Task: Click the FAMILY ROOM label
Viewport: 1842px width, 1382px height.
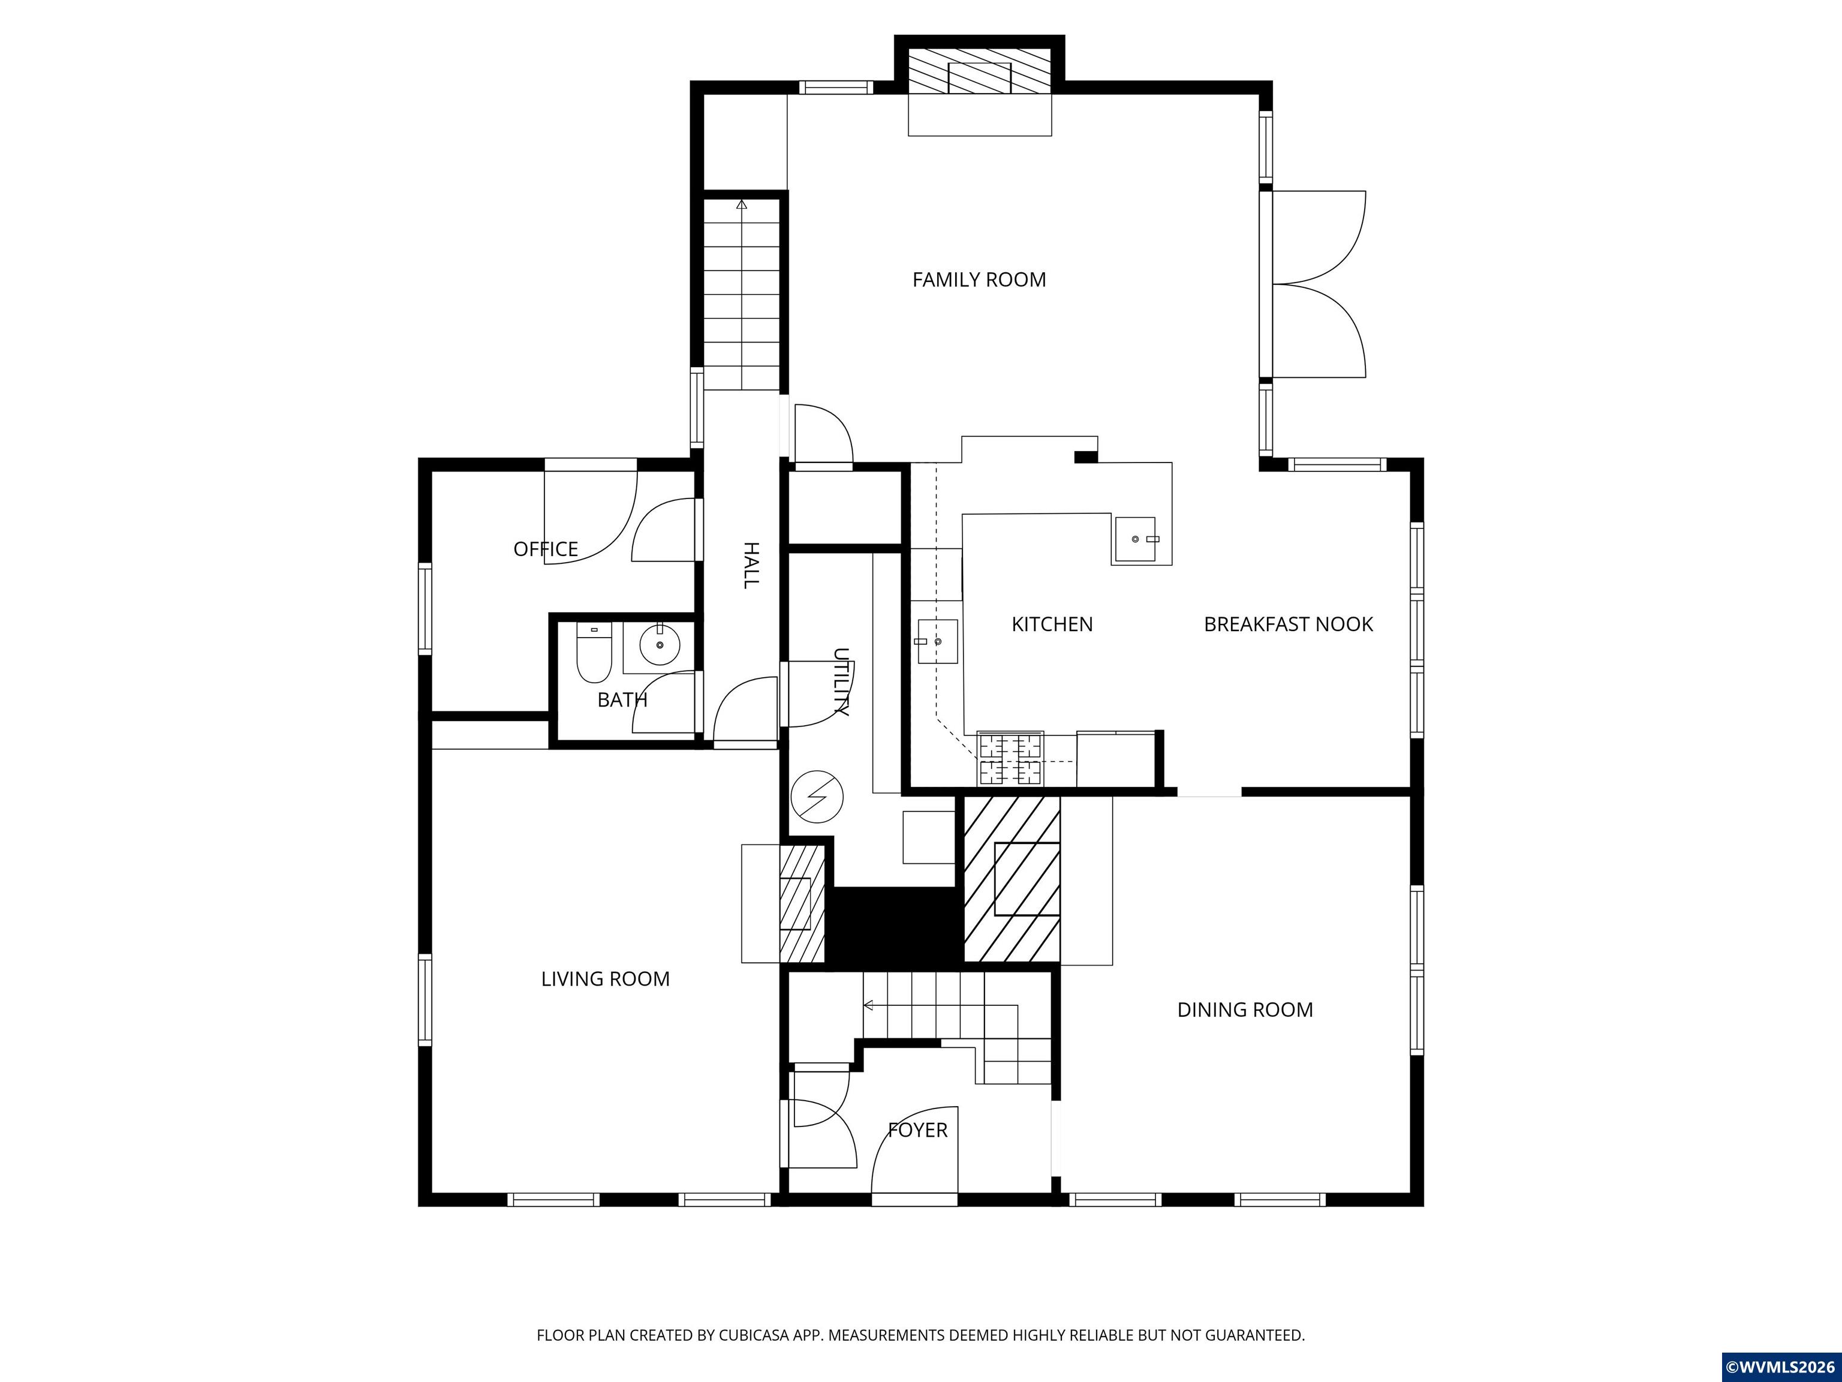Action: click(x=979, y=280)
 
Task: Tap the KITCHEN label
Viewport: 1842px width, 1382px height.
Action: click(x=1052, y=624)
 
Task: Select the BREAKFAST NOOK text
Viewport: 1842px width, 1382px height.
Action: click(x=1288, y=624)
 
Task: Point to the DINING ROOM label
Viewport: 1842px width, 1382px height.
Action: click(x=1245, y=1010)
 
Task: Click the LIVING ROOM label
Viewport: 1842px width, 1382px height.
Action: click(x=606, y=979)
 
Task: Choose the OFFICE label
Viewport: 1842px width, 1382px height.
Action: click(x=546, y=549)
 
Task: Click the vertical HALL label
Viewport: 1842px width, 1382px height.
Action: click(x=750, y=565)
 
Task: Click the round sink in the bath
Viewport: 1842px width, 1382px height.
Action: click(x=660, y=645)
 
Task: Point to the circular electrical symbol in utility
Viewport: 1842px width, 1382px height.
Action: click(x=817, y=797)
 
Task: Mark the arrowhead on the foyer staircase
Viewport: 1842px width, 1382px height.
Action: click(x=868, y=1005)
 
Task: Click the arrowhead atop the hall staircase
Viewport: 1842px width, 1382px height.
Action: click(x=741, y=203)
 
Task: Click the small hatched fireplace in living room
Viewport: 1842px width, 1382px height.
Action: click(x=802, y=904)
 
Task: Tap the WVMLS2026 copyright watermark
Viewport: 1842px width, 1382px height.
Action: click(x=1780, y=1367)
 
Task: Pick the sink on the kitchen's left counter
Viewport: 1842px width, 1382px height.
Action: click(x=938, y=641)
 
